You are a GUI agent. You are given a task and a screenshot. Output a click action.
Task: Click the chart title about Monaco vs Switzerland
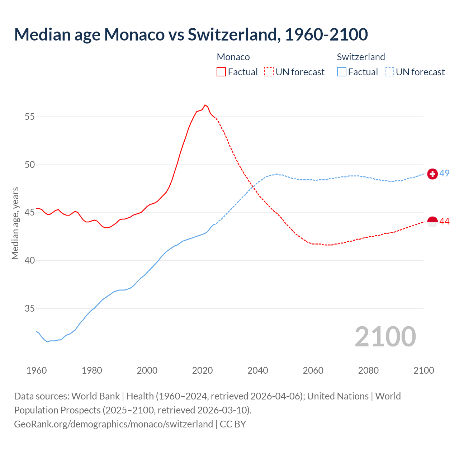point(191,34)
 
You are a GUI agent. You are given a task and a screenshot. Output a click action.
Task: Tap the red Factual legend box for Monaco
point(221,72)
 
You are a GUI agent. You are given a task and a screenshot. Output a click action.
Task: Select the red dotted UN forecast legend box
point(269,72)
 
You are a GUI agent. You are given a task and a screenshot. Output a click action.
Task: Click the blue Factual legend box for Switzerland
point(342,72)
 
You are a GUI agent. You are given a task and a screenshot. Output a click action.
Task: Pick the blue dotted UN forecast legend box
point(389,72)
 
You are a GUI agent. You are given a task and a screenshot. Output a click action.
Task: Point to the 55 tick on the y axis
point(30,117)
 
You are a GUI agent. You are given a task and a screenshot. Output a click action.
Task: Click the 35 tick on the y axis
point(30,308)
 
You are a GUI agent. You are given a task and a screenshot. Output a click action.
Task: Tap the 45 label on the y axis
point(30,213)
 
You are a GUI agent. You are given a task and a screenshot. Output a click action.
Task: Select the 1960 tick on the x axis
point(37,370)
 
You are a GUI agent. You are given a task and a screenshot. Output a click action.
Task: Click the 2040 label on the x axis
point(257,370)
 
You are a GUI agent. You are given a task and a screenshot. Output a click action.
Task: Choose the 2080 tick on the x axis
point(368,370)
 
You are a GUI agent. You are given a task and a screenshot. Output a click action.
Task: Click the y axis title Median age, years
point(15,223)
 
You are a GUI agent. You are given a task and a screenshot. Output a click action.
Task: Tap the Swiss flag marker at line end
point(432,174)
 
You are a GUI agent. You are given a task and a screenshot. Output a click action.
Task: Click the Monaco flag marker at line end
point(432,222)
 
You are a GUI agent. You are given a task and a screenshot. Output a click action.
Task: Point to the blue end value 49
point(444,173)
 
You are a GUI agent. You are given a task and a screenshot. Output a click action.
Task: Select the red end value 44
point(444,222)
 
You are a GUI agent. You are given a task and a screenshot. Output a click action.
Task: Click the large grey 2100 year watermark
point(385,337)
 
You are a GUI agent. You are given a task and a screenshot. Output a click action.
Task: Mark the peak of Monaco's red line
point(205,105)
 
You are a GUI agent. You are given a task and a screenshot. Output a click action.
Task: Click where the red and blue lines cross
point(253,186)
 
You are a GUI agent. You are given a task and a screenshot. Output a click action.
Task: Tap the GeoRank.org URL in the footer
point(113,424)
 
